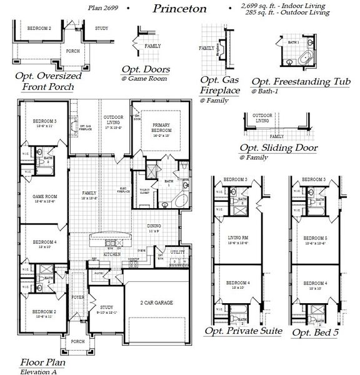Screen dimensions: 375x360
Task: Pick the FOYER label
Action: point(77,297)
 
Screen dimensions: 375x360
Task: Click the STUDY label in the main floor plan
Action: point(106,307)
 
